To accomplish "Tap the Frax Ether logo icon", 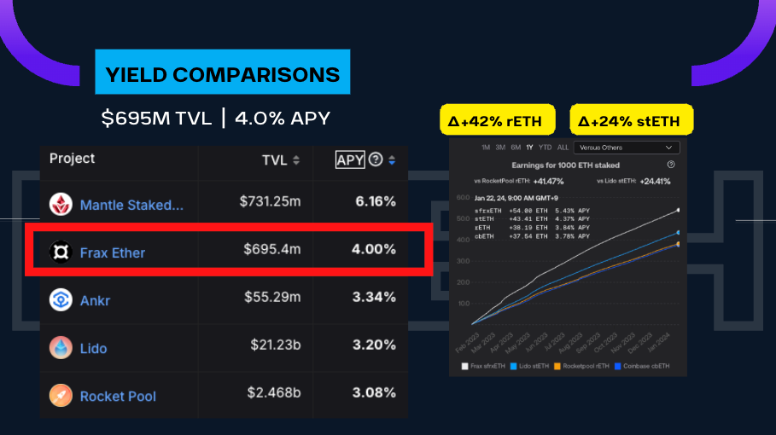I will coord(61,252).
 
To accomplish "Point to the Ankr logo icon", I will coord(61,300).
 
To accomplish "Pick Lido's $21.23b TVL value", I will coord(271,345).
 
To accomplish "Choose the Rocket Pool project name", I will coord(118,396).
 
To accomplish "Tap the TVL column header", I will coord(275,159).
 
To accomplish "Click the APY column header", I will coord(350,159).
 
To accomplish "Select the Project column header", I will coord(73,159).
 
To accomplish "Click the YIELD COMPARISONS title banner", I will coord(223,75).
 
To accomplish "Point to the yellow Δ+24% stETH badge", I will coord(631,121).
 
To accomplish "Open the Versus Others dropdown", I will coord(626,148).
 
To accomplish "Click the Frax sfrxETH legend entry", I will coord(483,366).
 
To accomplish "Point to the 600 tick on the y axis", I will coord(464,198).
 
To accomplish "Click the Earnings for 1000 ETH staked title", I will coord(565,165).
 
